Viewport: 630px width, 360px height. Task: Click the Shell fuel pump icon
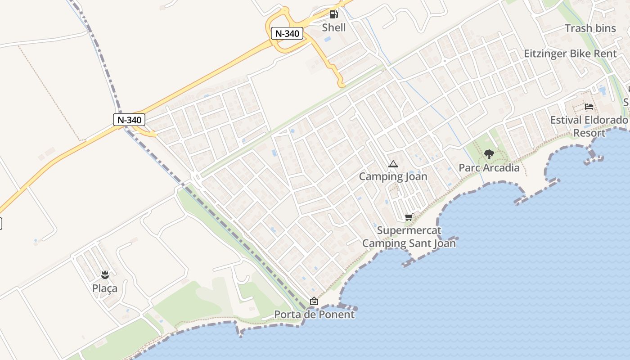point(333,14)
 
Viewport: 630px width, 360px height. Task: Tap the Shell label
point(334,27)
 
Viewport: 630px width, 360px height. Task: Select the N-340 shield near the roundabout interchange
point(287,33)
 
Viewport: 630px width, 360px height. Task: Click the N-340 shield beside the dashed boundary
point(129,120)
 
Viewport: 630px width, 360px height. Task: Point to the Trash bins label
point(590,28)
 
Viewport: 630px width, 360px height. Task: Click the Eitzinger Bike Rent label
point(570,54)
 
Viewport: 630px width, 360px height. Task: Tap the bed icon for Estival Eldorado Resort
point(589,107)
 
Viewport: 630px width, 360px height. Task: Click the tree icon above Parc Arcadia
point(489,155)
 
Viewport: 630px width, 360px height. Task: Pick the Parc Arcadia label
point(489,168)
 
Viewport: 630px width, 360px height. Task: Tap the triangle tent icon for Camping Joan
point(393,164)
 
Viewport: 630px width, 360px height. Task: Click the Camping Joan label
point(393,177)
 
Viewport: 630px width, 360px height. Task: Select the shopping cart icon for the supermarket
point(409,218)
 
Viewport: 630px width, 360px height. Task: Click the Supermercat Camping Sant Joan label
point(409,237)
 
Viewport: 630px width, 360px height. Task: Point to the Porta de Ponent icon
point(314,301)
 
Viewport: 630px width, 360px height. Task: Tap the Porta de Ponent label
point(315,314)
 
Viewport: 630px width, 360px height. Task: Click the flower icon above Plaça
point(105,275)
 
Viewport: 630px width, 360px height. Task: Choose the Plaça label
point(105,288)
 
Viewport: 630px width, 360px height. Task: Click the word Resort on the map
point(589,133)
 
